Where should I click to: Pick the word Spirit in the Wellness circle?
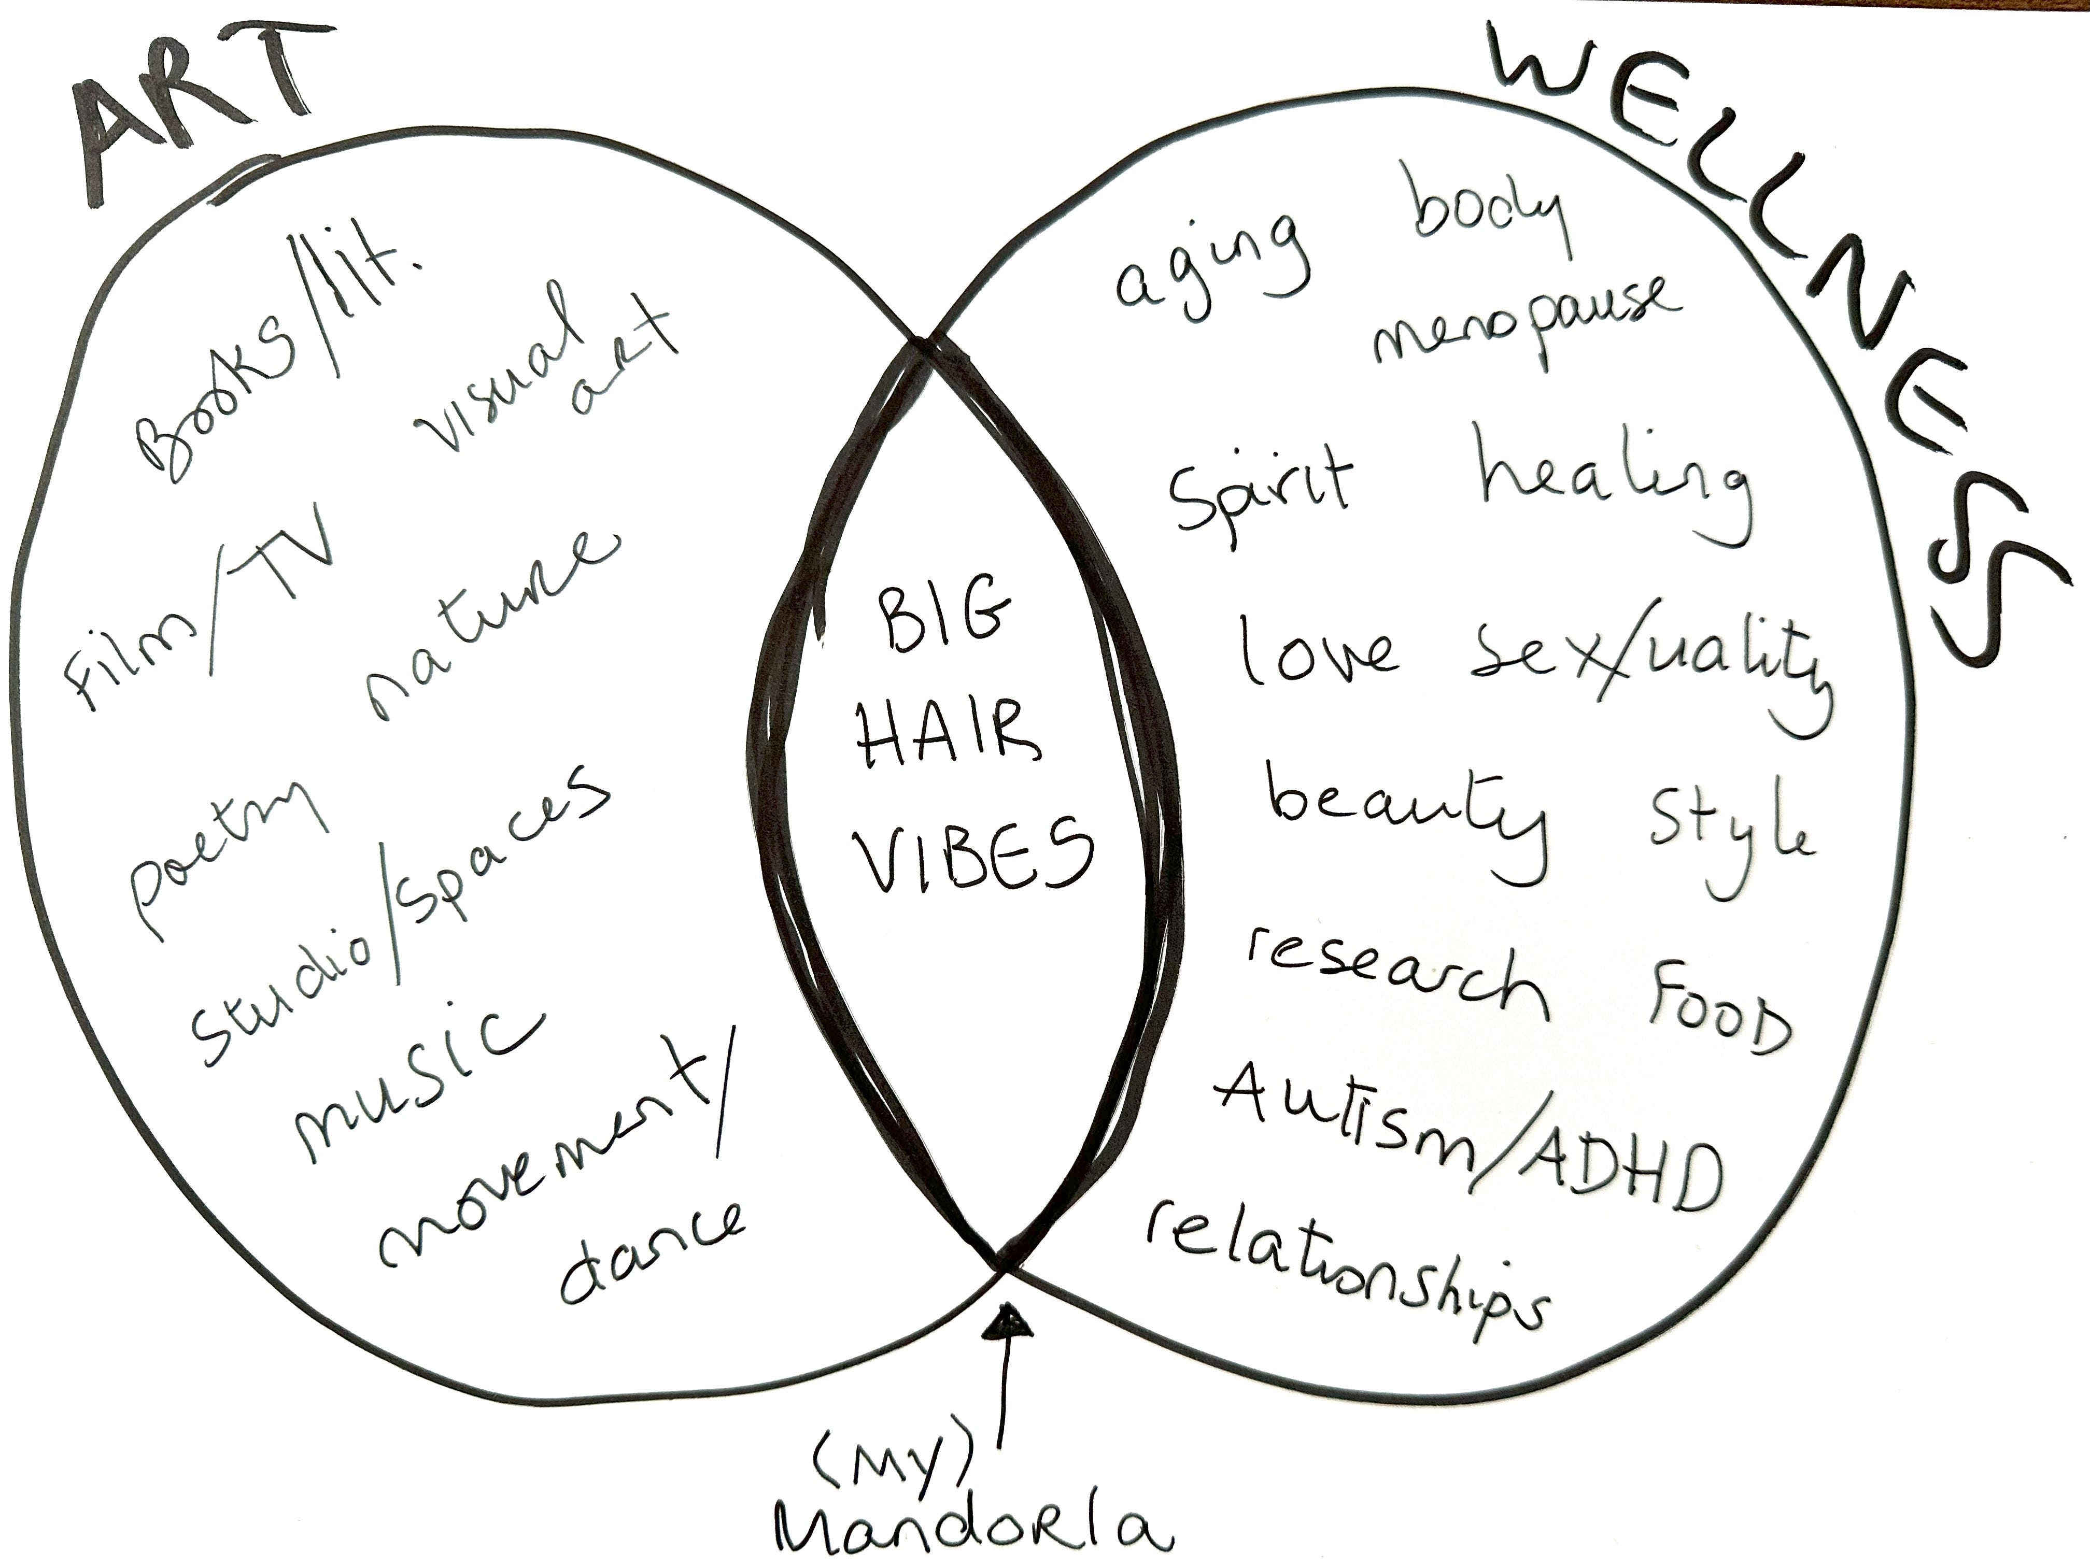click(x=1261, y=491)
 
